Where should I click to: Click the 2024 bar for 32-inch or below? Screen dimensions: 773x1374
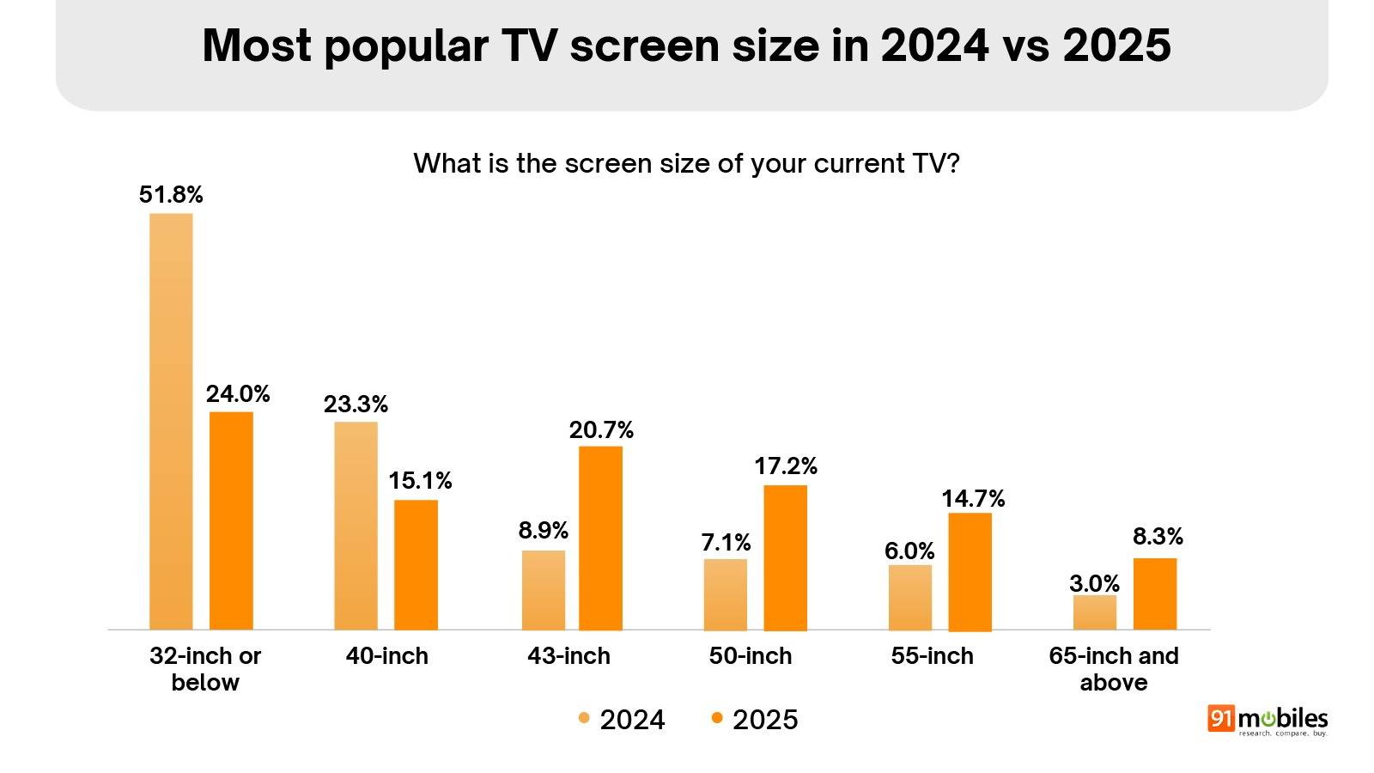(171, 421)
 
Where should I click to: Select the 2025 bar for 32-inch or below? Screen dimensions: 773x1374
(231, 520)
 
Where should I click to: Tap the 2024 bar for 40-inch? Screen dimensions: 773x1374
(356, 526)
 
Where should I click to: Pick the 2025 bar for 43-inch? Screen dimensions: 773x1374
(600, 538)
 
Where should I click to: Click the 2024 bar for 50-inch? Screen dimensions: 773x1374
(726, 594)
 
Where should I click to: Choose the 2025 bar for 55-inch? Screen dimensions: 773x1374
(970, 571)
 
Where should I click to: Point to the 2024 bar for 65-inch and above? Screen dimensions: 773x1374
(1095, 612)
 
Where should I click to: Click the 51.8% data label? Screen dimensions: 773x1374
(171, 195)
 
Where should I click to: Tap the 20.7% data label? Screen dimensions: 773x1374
(601, 429)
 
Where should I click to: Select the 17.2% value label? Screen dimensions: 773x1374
(786, 466)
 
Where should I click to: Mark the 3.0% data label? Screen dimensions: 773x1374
(1094, 584)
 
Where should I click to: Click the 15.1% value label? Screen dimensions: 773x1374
(420, 481)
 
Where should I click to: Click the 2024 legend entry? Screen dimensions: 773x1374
(622, 720)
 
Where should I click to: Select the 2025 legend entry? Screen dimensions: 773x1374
(755, 720)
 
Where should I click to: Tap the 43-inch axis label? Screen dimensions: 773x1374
(568, 656)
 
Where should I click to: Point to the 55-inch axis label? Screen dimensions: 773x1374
(932, 656)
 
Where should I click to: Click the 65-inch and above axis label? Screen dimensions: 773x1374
(1113, 669)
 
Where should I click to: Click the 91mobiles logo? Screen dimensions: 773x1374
(1268, 721)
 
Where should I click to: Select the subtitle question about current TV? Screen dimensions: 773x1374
(686, 163)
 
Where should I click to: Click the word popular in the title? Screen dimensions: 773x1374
(406, 45)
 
